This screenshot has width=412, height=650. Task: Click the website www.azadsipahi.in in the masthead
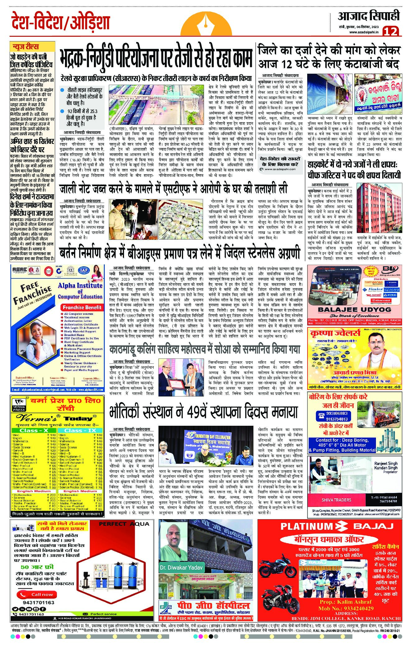click(363, 32)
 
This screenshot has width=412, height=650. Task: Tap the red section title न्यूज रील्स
click(25, 47)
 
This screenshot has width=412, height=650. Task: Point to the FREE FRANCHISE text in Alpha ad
click(32, 292)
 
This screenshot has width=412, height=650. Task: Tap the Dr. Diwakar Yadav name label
click(181, 567)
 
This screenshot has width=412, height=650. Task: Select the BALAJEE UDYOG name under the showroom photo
click(354, 310)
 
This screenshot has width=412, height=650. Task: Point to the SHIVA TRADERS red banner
click(336, 500)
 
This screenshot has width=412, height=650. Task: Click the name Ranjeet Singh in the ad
click(386, 463)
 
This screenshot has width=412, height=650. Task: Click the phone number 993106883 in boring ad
click(337, 414)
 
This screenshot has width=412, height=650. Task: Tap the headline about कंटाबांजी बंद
click(329, 57)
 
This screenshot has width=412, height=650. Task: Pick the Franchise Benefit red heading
click(82, 307)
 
